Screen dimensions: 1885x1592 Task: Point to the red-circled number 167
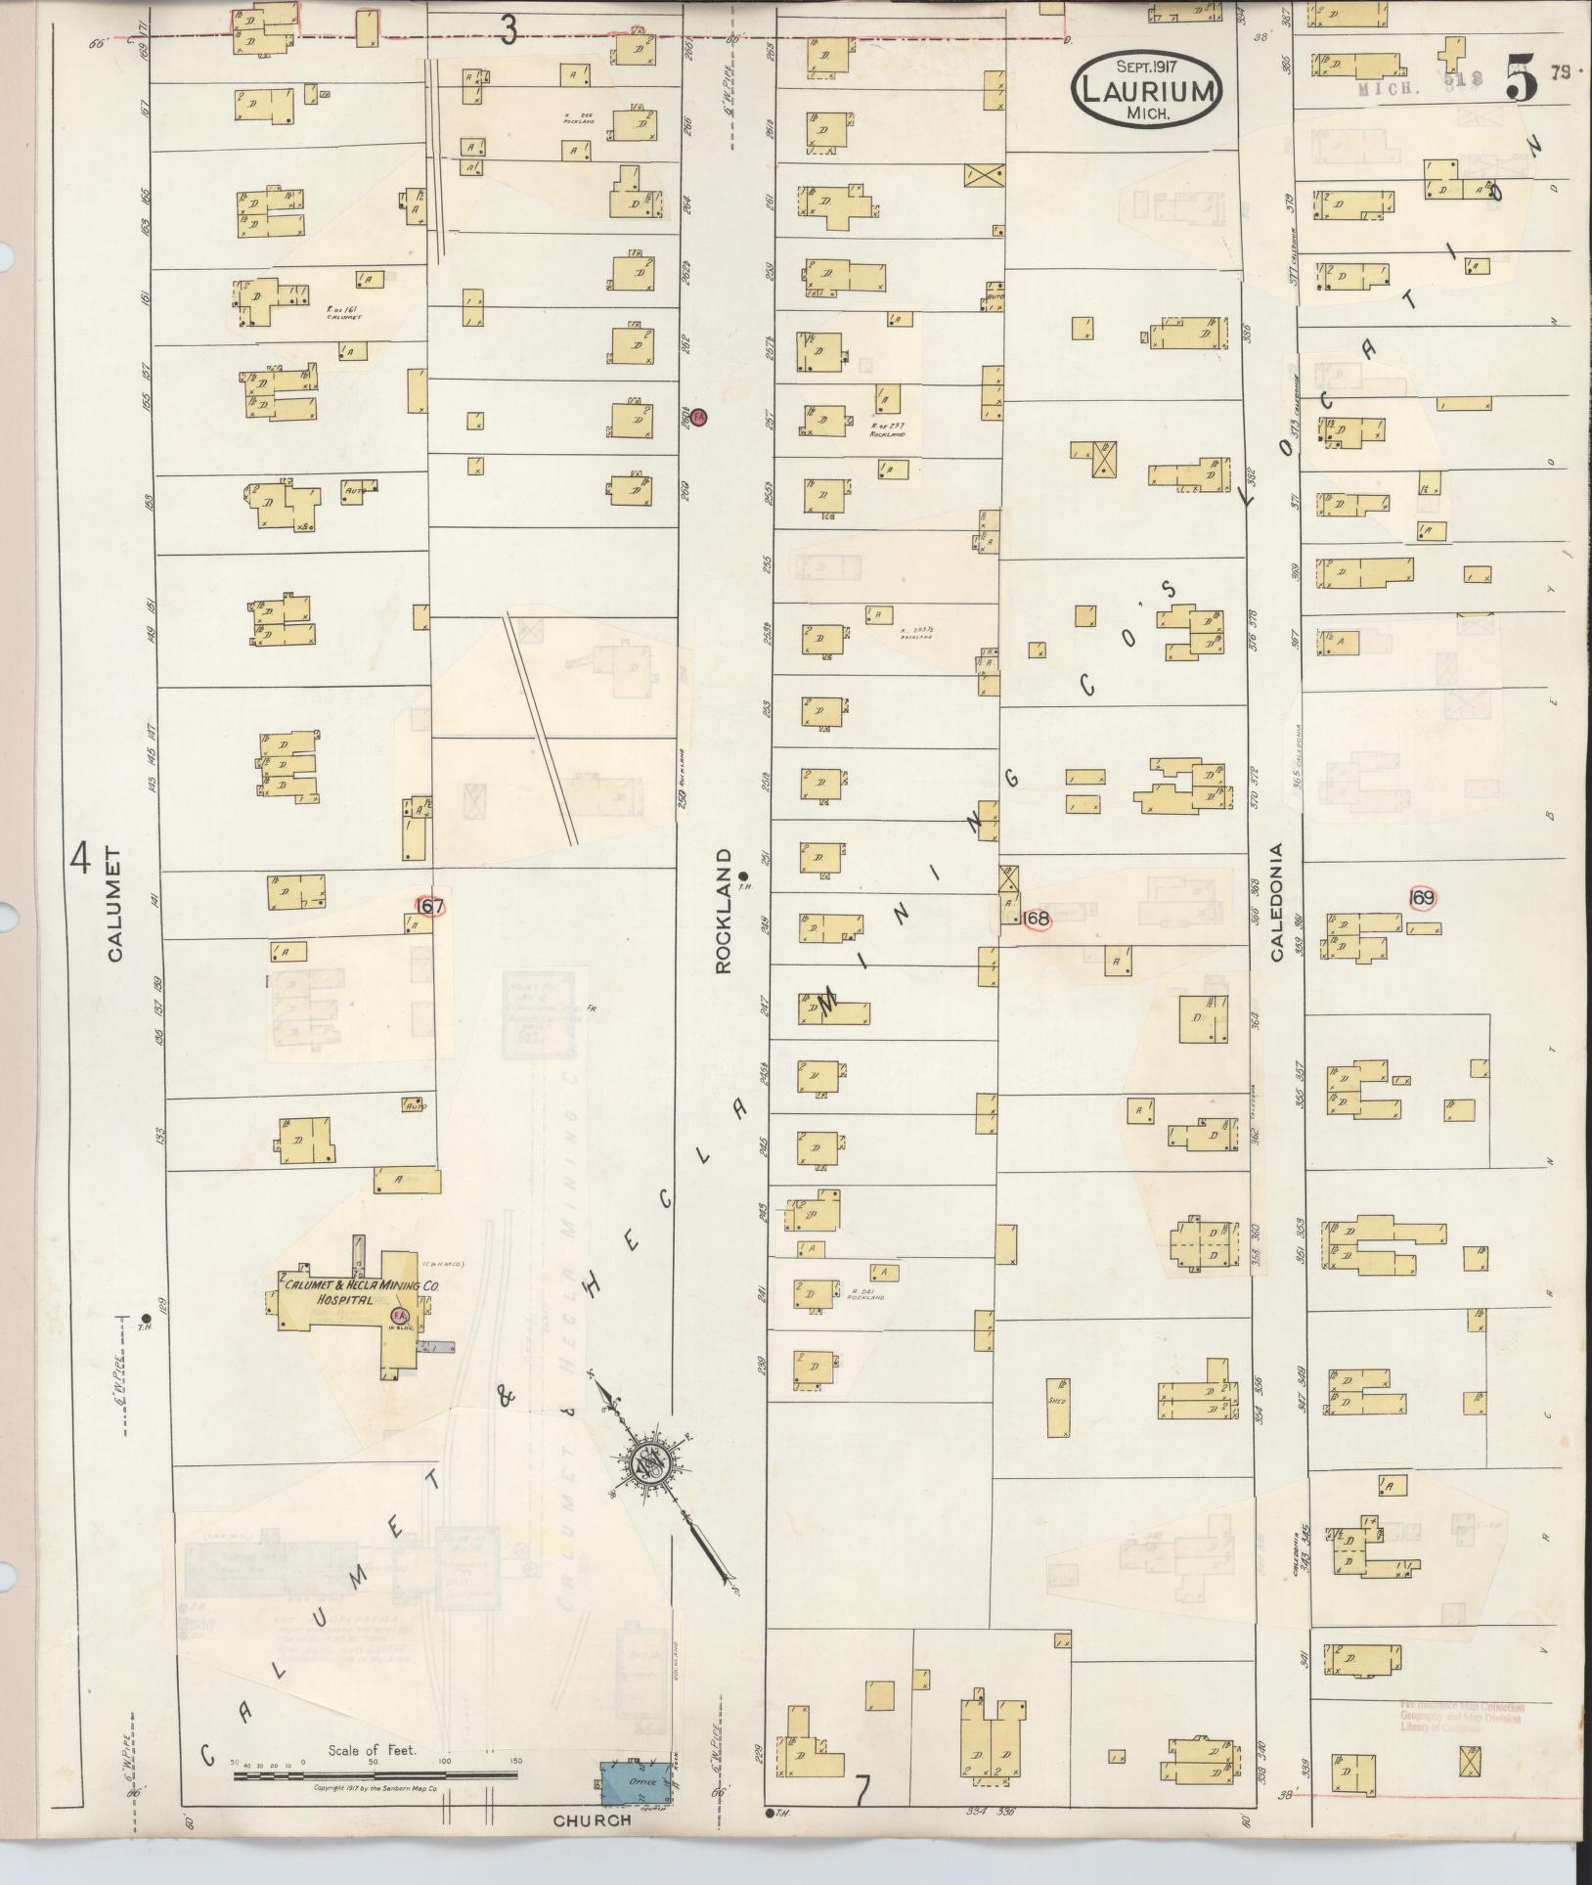431,907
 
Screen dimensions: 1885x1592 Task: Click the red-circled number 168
1036,919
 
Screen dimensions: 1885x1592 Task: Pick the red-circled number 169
1423,897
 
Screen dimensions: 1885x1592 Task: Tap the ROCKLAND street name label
724,911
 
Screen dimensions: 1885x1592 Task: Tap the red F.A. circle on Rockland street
698,417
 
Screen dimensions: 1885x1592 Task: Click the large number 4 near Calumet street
80,861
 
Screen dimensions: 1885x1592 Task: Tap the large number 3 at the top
509,32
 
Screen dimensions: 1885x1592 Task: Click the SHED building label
1056,1400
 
